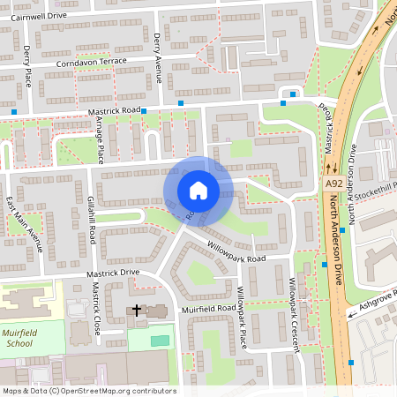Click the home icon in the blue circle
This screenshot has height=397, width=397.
pyautogui.click(x=198, y=191)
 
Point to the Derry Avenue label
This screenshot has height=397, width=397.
pyautogui.click(x=159, y=49)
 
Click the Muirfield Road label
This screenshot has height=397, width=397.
pyautogui.click(x=208, y=308)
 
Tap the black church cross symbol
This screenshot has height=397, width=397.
pyautogui.click(x=137, y=310)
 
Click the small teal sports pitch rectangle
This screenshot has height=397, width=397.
pyautogui.click(x=160, y=340)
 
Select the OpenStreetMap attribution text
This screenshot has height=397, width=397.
pyautogui.click(x=88, y=390)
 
